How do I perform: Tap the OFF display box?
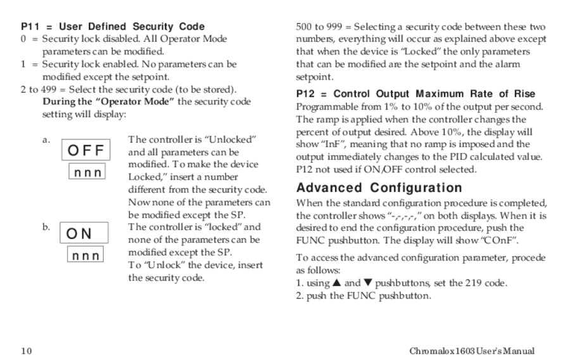click(85, 151)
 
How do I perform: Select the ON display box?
click(84, 233)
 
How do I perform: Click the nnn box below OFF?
click(87, 172)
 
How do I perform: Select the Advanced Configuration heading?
click(379, 188)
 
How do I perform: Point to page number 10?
click(26, 351)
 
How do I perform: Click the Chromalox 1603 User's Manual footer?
click(472, 351)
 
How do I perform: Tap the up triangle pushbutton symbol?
click(336, 283)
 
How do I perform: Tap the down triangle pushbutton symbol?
click(368, 283)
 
